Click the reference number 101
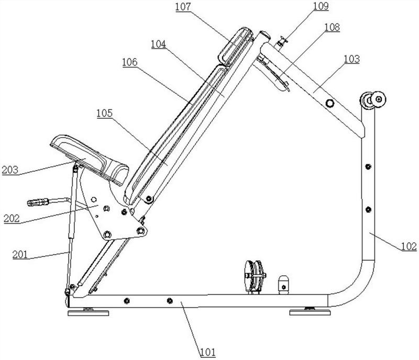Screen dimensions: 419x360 point(208,352)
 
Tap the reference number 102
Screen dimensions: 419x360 point(409,246)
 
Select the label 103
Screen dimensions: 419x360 point(351,59)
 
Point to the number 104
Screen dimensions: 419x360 point(159,44)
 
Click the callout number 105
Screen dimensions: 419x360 point(104,113)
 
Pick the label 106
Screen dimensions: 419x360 point(130,62)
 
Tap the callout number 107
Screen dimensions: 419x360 point(183,7)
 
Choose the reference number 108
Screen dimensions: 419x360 point(332,27)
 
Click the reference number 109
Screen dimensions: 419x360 point(321,6)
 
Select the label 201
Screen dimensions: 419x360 point(20,254)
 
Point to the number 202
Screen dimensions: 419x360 point(12,218)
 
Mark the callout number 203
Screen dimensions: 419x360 point(10,170)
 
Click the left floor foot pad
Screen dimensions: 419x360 point(88,312)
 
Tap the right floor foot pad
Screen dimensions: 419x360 point(310,312)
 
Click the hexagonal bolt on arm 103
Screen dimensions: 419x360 point(330,103)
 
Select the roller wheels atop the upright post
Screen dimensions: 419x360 point(372,100)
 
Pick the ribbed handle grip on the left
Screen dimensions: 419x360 point(38,202)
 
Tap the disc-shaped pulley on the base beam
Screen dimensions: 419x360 point(255,276)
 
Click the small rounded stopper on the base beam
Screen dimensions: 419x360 point(283,285)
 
